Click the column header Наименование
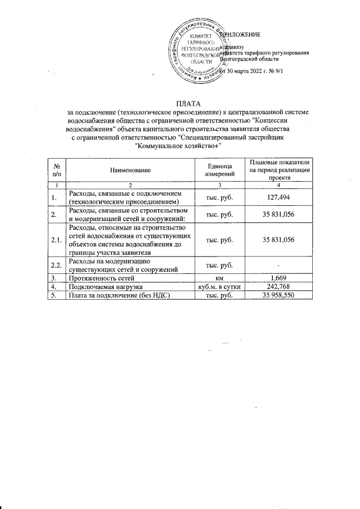point(130,169)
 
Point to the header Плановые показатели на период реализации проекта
point(280,169)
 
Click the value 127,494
point(280,197)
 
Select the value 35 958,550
point(280,295)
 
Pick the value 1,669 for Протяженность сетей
point(280,278)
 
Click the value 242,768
point(280,286)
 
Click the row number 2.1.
point(56,240)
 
